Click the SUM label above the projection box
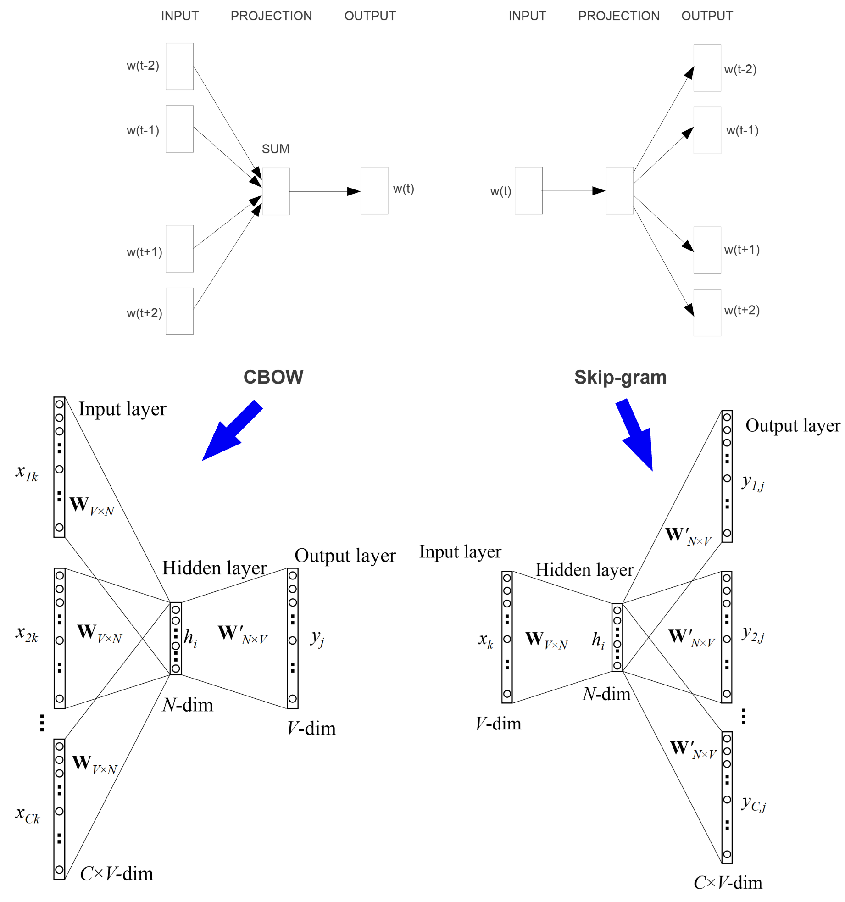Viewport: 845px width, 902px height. (275, 149)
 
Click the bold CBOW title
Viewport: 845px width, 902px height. (273, 377)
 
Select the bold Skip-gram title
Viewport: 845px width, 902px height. (620, 377)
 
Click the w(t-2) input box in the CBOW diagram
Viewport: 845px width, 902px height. (179, 67)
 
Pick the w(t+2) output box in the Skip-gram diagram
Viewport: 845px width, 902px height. (707, 312)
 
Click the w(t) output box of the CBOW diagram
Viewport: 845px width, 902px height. (374, 191)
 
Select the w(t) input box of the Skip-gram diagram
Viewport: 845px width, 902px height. (528, 191)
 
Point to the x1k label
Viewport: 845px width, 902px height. (27, 473)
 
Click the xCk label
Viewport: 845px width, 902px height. (28, 814)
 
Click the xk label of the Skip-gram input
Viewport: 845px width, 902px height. (486, 640)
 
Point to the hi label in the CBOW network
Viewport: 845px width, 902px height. (190, 638)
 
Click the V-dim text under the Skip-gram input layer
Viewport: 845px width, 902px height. (499, 724)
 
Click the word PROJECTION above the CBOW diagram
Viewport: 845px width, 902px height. (271, 16)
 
